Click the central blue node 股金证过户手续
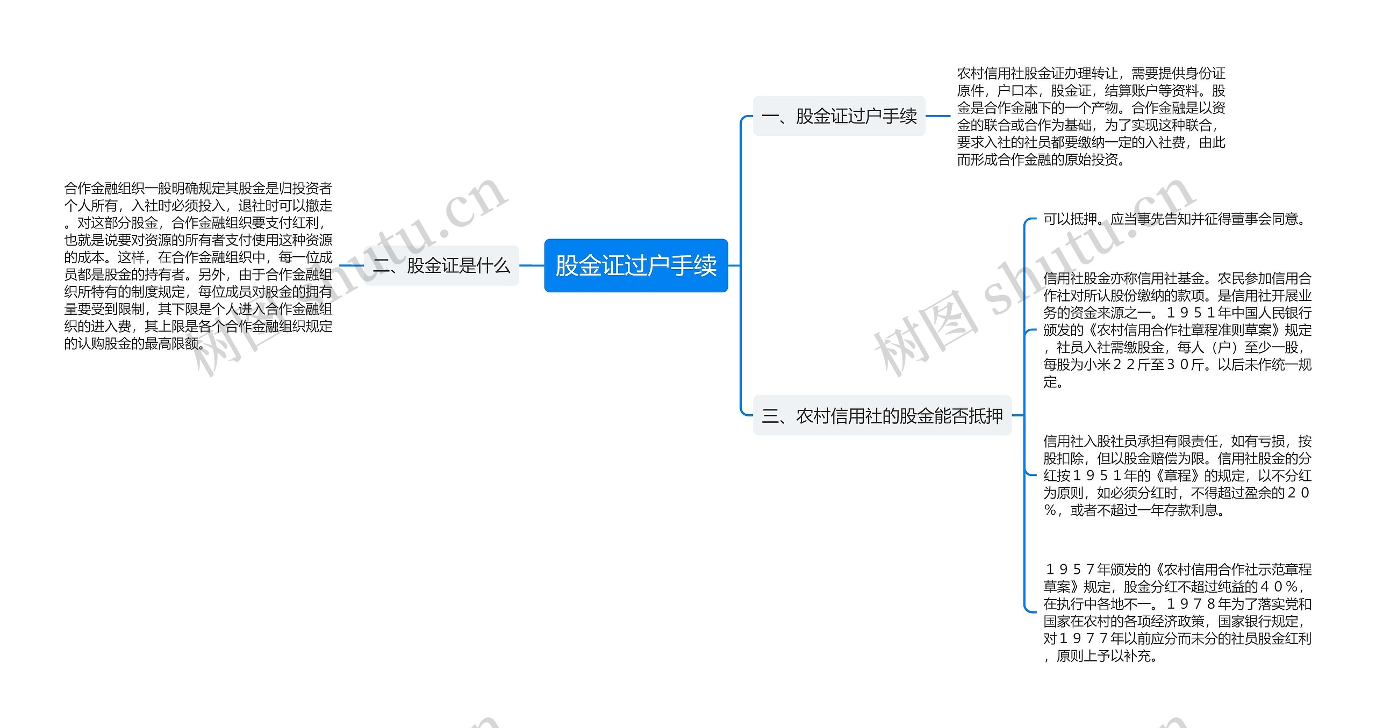point(636,265)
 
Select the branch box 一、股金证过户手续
point(838,116)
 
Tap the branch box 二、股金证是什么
point(442,265)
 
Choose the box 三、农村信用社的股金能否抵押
point(882,416)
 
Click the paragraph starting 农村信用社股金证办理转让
point(1091,116)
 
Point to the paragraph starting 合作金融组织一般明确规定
point(198,265)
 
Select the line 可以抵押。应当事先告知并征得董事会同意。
point(1175,219)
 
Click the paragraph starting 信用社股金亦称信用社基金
point(1177,330)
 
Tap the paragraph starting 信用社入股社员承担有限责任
point(1177,475)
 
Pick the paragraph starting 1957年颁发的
point(1177,612)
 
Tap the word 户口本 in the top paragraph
point(1017,91)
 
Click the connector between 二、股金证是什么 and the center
point(532,265)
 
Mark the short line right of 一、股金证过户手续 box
point(938,116)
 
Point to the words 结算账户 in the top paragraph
point(1131,91)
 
